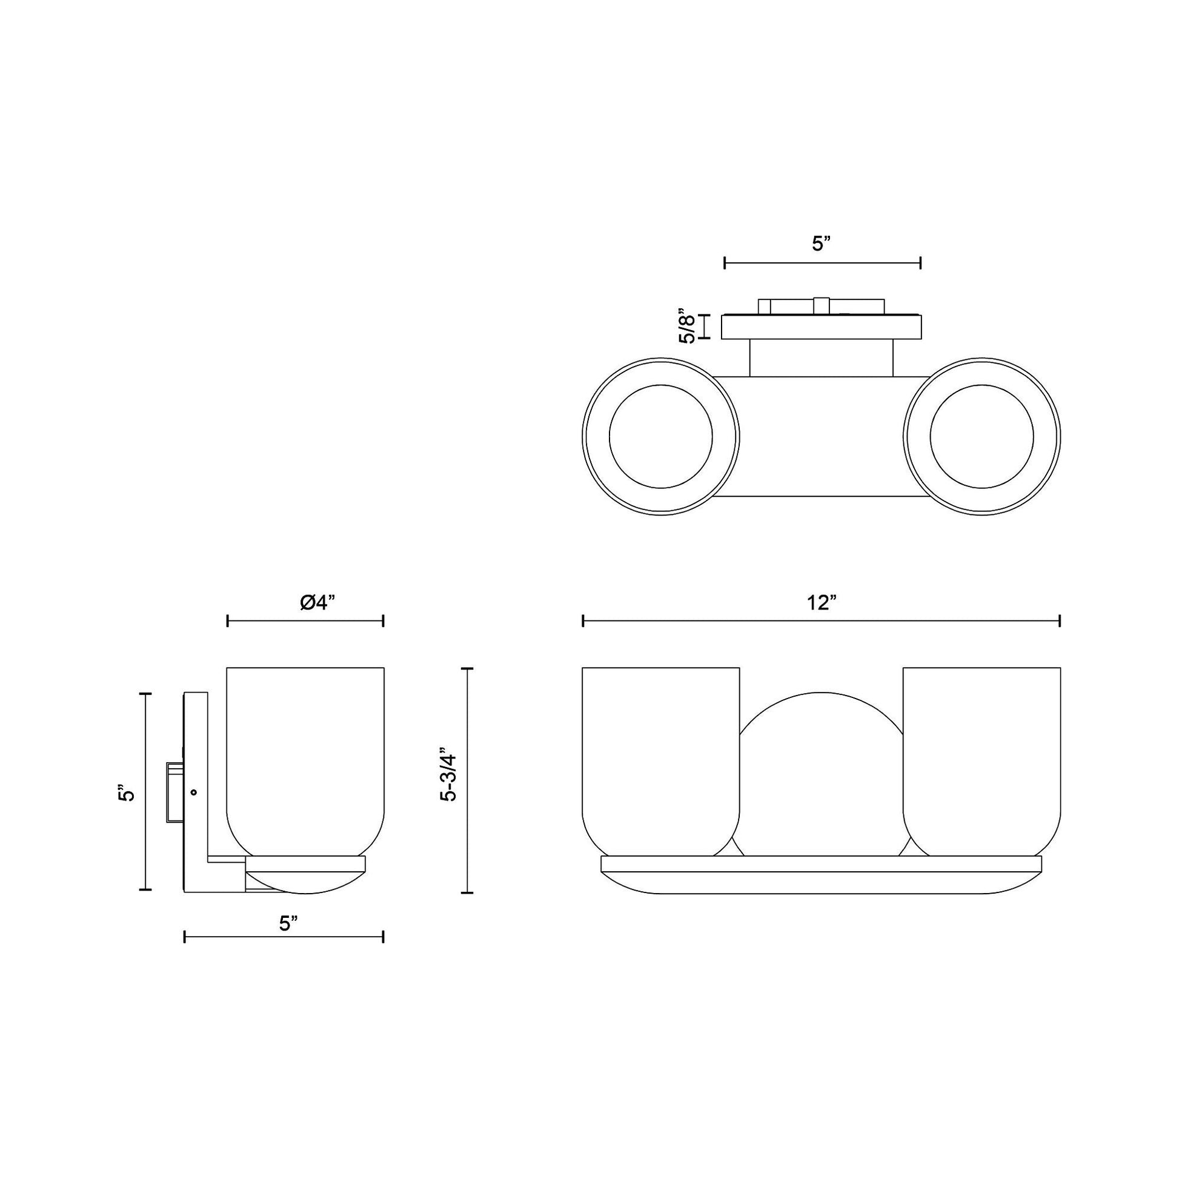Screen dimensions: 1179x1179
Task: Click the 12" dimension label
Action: (821, 603)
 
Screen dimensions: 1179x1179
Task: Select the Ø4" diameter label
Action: (317, 603)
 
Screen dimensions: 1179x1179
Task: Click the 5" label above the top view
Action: (822, 244)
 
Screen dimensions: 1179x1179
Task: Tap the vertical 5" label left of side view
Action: (125, 792)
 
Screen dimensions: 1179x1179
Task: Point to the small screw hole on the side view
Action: (194, 792)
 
